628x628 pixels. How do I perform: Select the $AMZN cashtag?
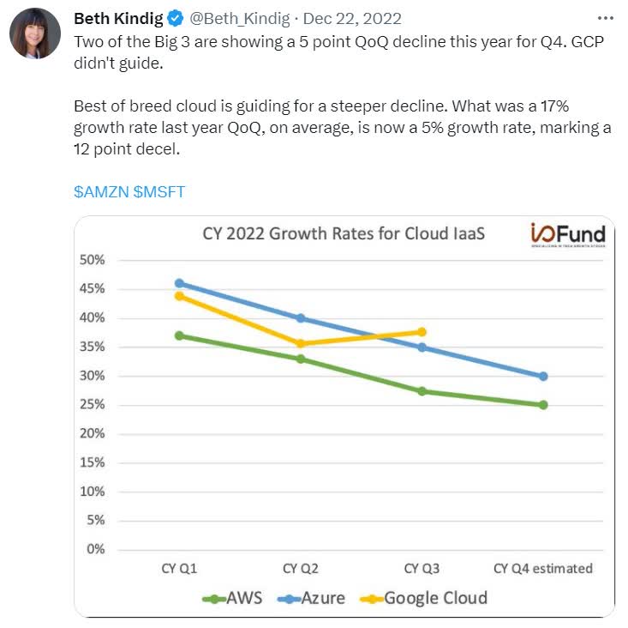pyautogui.click(x=101, y=191)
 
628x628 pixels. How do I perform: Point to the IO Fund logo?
pyautogui.click(x=568, y=235)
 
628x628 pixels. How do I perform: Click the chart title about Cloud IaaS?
pyautogui.click(x=344, y=233)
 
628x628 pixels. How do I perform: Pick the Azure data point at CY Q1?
pyautogui.click(x=180, y=283)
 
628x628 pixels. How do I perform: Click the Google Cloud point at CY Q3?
pyautogui.click(x=422, y=332)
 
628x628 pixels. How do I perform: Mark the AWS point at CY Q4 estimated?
pyautogui.click(x=543, y=405)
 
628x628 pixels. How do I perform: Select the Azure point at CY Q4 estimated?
pyautogui.click(x=543, y=376)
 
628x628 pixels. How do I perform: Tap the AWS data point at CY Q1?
pyautogui.click(x=180, y=335)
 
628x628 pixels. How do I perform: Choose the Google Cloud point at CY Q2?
pyautogui.click(x=301, y=344)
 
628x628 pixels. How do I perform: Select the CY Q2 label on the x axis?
pyautogui.click(x=301, y=568)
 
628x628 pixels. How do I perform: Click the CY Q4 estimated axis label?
pyautogui.click(x=543, y=568)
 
